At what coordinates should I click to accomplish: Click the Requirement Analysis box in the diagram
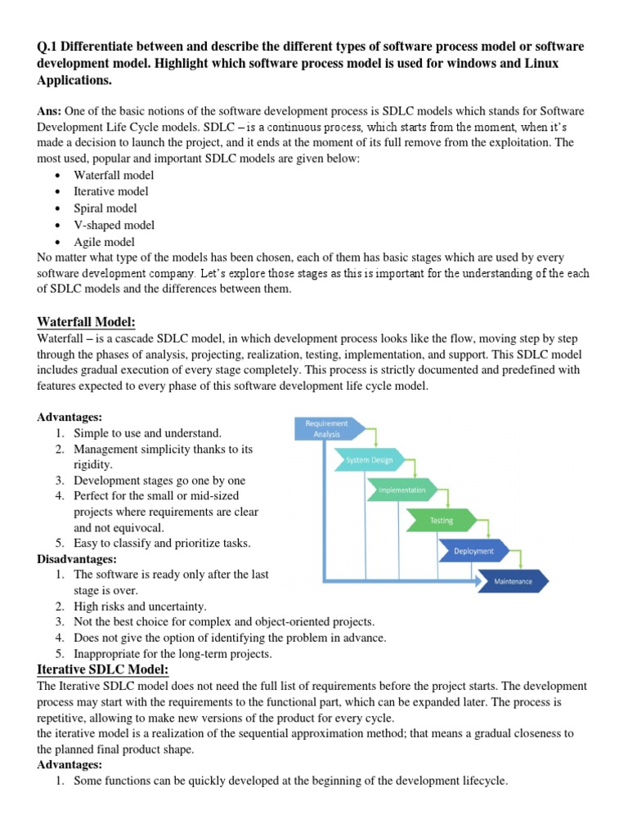coord(326,428)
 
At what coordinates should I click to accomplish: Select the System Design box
coord(369,459)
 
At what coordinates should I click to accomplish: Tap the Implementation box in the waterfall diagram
coord(402,490)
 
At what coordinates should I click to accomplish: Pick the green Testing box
coord(442,520)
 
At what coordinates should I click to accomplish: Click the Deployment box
coord(474,551)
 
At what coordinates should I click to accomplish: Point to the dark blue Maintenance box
coord(513,581)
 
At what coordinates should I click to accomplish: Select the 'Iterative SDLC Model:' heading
coord(103,669)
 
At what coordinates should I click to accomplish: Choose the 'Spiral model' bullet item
coord(105,208)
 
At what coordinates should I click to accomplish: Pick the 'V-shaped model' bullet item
coord(114,225)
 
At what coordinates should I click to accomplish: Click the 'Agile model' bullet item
coord(104,242)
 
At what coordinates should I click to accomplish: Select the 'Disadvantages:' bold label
coord(78,559)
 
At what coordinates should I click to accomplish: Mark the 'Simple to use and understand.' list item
coord(147,432)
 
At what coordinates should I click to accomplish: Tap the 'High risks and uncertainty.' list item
coord(140,606)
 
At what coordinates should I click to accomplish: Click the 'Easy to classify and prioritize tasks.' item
coord(162,543)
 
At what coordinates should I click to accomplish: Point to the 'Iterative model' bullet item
coord(111,191)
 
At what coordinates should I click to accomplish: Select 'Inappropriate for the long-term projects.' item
coord(173,654)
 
